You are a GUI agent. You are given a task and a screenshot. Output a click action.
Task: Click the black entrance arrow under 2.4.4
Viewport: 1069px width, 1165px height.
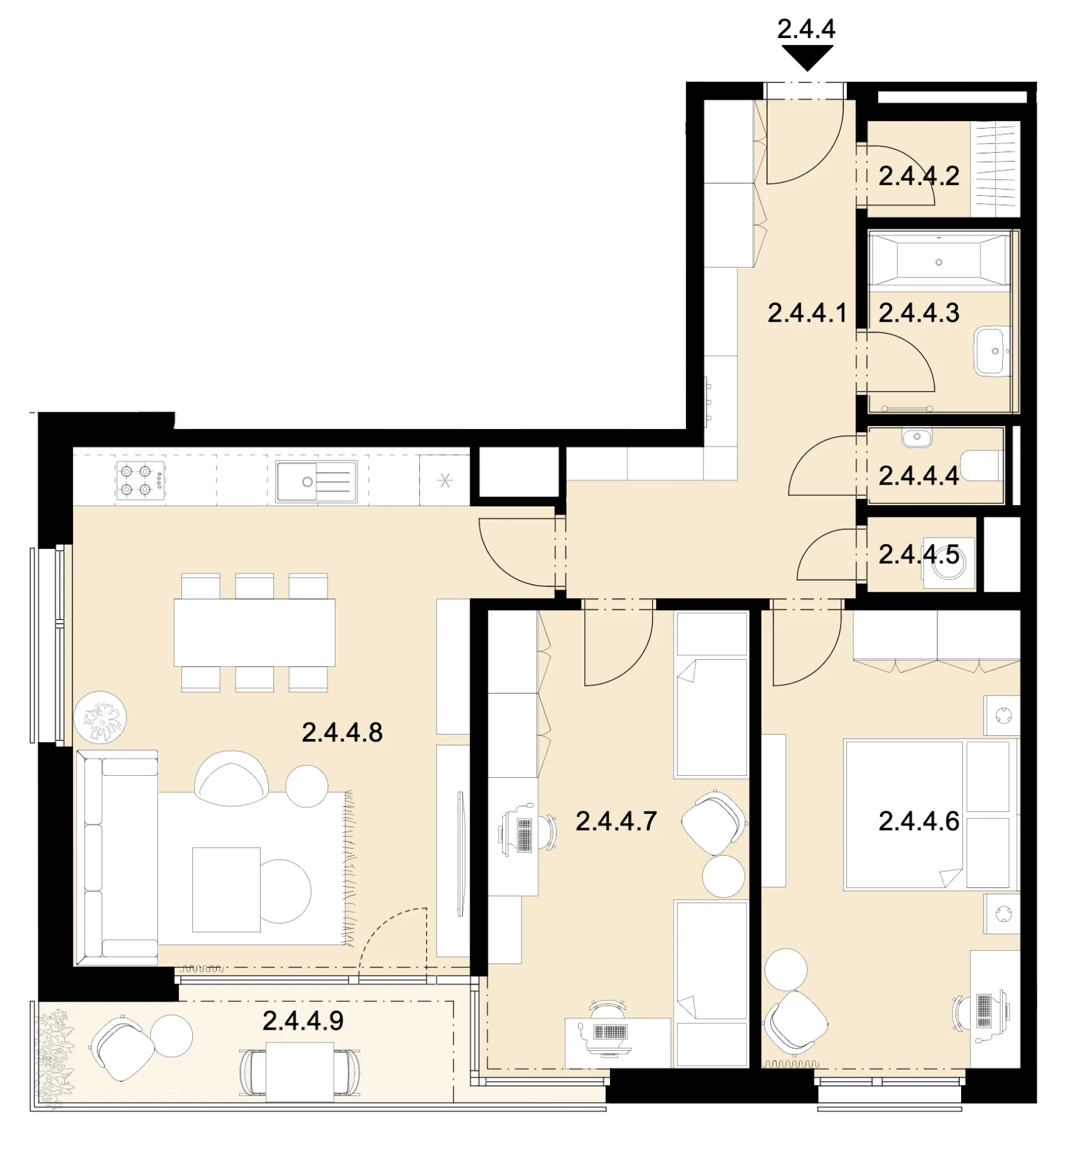click(x=807, y=59)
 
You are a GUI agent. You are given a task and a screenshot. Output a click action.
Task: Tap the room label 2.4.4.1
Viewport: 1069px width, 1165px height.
click(x=808, y=313)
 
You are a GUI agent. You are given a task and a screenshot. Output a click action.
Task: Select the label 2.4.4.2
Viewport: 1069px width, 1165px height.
click(x=919, y=176)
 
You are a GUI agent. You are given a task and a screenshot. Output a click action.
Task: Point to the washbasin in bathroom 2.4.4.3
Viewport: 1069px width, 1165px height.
click(x=992, y=351)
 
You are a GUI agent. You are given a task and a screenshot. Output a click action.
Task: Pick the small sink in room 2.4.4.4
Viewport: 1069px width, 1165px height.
click(x=917, y=437)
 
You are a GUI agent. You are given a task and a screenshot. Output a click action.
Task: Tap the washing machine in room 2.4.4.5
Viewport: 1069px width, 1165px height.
click(x=949, y=563)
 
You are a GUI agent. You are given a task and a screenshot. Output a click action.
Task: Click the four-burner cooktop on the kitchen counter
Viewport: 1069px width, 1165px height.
click(x=140, y=480)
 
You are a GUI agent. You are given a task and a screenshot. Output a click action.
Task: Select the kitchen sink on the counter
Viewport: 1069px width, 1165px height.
click(x=316, y=481)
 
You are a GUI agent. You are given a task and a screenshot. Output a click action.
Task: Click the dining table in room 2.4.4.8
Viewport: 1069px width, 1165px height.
click(x=254, y=632)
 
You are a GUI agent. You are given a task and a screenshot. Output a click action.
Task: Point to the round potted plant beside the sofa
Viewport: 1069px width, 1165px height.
click(x=100, y=717)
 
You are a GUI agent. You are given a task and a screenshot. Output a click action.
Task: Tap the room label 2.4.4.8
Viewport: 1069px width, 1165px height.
click(x=342, y=732)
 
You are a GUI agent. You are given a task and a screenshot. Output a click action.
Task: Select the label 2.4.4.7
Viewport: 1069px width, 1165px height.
click(x=616, y=821)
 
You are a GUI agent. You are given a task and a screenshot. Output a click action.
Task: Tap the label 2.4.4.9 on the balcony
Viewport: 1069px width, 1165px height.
click(x=303, y=1021)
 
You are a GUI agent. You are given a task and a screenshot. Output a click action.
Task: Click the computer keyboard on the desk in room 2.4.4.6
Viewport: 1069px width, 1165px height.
click(x=984, y=1010)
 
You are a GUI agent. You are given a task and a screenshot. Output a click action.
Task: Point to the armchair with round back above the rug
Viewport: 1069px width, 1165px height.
click(x=231, y=778)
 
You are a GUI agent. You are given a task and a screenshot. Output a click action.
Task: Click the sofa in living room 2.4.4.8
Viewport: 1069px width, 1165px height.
click(x=117, y=858)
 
